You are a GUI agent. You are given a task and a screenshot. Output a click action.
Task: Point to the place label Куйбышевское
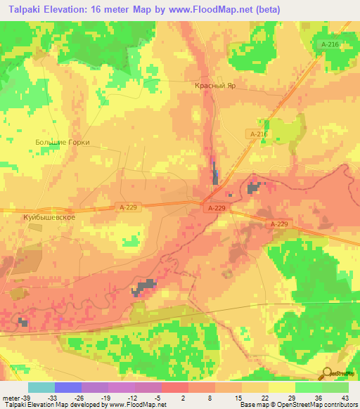pos(49,218)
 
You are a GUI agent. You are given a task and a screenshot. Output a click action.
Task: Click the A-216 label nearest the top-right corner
pos(328,44)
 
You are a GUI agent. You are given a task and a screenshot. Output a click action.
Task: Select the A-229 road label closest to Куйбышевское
pos(127,207)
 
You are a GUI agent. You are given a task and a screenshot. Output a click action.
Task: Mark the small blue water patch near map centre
pos(215,176)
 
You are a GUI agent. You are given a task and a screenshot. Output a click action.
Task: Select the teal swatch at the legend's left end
pos(41,387)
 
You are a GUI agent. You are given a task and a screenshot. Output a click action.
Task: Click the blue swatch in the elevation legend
pos(68,387)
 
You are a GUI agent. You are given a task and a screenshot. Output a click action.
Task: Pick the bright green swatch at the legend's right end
pos(335,387)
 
